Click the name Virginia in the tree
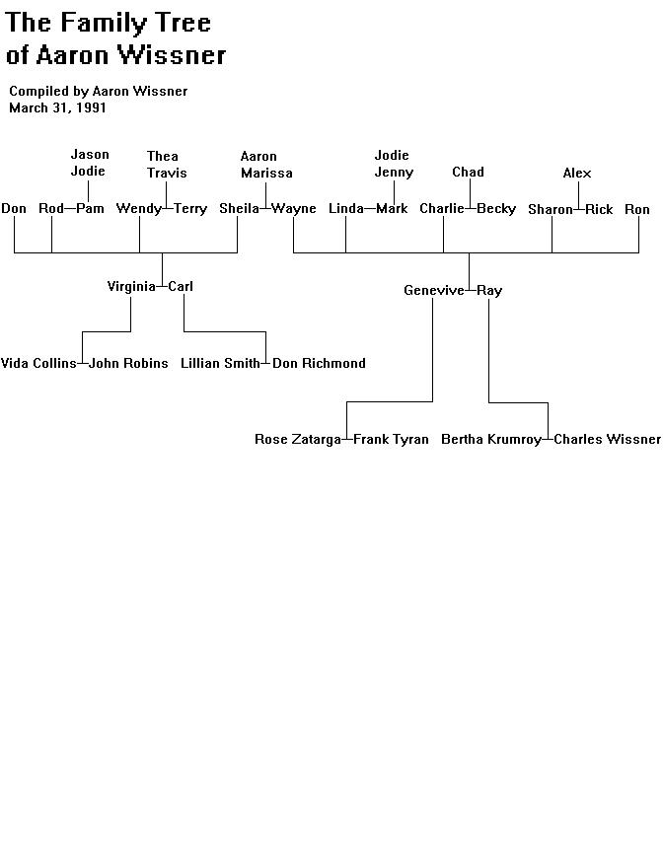(131, 286)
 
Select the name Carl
(181, 286)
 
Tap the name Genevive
(434, 290)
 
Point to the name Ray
(489, 291)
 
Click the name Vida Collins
(38, 363)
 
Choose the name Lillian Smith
(220, 363)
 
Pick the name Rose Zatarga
(298, 439)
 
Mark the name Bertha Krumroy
(491, 439)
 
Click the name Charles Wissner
(608, 439)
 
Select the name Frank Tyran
(391, 439)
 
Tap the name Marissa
(266, 173)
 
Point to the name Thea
(163, 156)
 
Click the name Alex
(577, 173)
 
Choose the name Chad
(468, 172)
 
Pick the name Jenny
(394, 173)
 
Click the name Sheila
(239, 208)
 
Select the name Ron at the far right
(637, 209)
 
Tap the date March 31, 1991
(57, 107)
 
